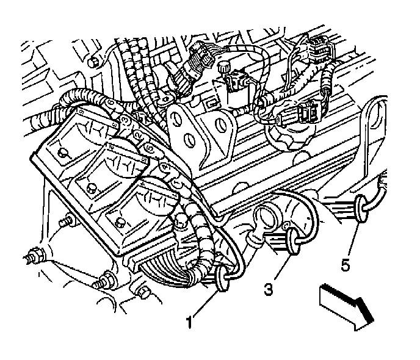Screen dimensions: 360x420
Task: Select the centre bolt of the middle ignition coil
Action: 92,184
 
